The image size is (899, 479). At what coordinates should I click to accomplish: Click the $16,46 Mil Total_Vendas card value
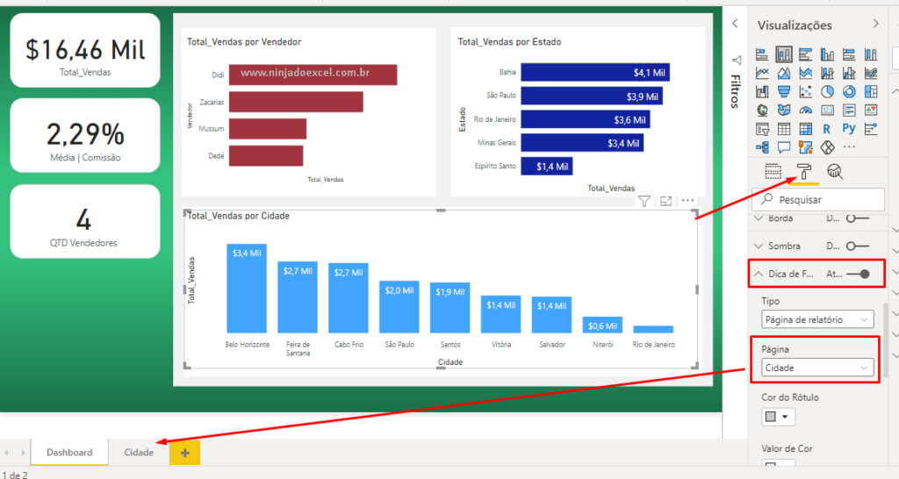[85, 49]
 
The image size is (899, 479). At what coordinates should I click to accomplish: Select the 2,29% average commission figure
[85, 134]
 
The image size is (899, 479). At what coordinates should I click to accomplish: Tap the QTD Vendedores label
[85, 243]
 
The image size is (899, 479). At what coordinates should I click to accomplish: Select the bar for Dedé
[266, 155]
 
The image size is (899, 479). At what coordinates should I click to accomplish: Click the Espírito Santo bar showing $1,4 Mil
[546, 165]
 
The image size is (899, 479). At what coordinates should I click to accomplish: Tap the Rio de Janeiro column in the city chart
[653, 329]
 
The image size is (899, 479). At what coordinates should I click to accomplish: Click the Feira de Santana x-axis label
[298, 349]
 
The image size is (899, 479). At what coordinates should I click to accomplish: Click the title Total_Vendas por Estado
[509, 41]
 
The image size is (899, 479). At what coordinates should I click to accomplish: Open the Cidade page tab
[139, 453]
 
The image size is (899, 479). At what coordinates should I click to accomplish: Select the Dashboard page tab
[69, 453]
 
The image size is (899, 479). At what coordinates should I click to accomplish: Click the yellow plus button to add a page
[184, 453]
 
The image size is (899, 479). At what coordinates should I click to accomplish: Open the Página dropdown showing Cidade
[817, 368]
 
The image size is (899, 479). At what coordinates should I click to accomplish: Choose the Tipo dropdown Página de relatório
[817, 319]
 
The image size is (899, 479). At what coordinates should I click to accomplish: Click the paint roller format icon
[803, 172]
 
